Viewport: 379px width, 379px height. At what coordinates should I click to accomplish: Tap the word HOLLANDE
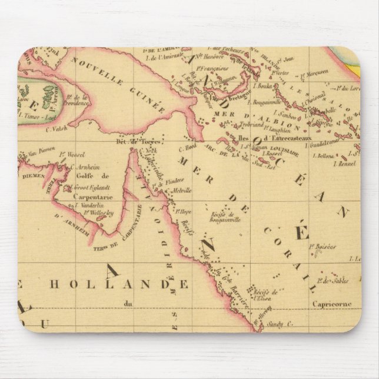click(x=118, y=285)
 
